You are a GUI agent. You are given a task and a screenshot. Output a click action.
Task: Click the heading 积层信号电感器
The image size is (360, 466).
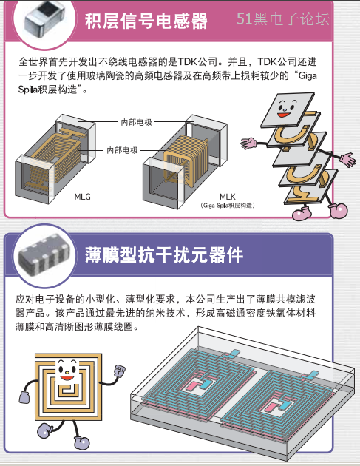point(146,21)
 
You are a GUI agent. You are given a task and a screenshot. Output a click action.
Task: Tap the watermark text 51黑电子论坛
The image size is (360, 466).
point(283,18)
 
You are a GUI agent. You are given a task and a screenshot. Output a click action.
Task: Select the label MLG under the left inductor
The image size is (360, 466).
point(82,197)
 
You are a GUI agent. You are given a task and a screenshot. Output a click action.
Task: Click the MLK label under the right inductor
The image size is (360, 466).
point(228,197)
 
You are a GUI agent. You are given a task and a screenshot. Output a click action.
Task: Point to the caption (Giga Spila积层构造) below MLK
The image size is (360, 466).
point(228,206)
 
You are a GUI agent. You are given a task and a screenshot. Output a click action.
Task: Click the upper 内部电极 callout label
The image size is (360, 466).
point(136,122)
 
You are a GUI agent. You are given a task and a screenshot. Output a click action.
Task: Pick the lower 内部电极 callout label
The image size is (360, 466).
point(122,150)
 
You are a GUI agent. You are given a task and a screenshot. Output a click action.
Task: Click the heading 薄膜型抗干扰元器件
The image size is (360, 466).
point(164,254)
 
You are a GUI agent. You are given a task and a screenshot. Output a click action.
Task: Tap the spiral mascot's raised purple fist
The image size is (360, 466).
point(120,371)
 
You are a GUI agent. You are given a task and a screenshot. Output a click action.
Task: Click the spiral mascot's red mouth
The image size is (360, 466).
point(67,378)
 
